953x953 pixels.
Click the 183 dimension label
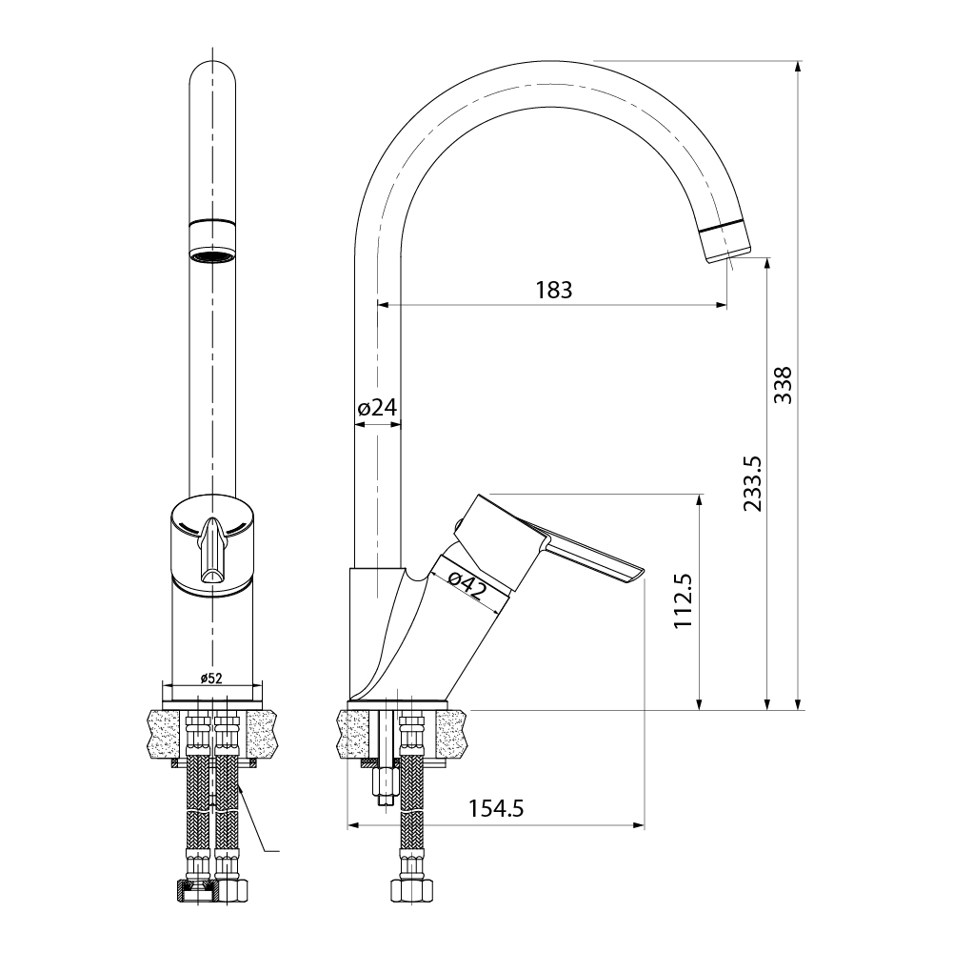tap(554, 290)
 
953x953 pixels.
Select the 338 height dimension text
tap(783, 385)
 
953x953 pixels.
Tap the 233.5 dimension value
tap(752, 483)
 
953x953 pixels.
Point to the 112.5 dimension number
tap(684, 600)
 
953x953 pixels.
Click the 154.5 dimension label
tap(496, 808)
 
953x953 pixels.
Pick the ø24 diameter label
tap(377, 407)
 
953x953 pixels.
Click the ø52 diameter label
tap(211, 679)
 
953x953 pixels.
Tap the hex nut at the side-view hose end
tap(412, 890)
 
